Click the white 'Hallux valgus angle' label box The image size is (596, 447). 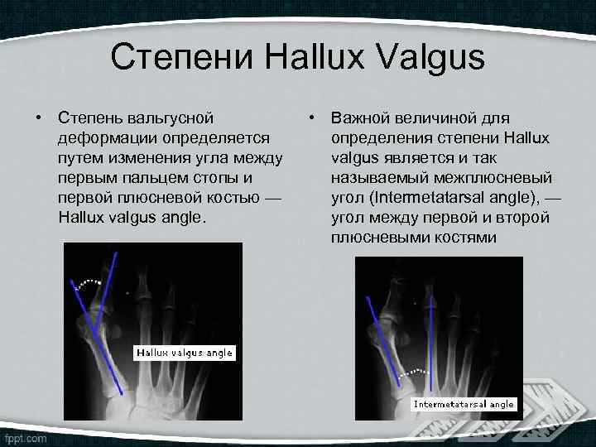pyautogui.click(x=185, y=353)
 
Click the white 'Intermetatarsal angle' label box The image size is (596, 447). pyautogui.click(x=464, y=404)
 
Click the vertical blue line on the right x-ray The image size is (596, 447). pyautogui.click(x=430, y=356)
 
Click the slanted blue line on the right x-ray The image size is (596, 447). pyautogui.click(x=381, y=339)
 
